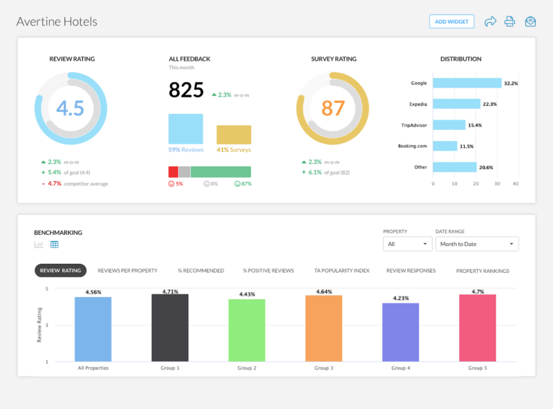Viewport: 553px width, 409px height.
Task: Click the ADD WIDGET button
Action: [x=451, y=21]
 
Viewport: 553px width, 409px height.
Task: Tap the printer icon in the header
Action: [x=509, y=21]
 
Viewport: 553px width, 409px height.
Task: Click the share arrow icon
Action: [x=490, y=21]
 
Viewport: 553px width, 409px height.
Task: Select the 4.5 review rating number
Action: [x=70, y=108]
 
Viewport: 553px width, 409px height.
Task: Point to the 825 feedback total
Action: [x=186, y=90]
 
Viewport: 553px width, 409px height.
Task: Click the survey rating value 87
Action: [x=332, y=108]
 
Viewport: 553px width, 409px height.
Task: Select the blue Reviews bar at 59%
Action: [x=185, y=129]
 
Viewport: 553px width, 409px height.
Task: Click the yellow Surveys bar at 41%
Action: [x=234, y=134]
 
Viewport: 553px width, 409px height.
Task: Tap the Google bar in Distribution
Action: [x=467, y=83]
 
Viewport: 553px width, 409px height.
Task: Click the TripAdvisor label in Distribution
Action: [x=413, y=125]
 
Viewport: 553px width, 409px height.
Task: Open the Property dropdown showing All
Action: [x=407, y=244]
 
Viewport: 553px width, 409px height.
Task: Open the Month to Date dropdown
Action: [x=477, y=244]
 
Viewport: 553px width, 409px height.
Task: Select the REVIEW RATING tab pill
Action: [x=60, y=270]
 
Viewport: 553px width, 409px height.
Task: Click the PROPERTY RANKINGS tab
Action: [x=482, y=271]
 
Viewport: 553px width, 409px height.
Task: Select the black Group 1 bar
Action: [x=170, y=327]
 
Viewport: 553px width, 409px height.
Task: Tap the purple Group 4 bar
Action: [x=400, y=332]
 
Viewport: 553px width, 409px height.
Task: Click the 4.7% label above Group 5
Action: [x=477, y=292]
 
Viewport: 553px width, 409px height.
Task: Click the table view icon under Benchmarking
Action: [x=55, y=245]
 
